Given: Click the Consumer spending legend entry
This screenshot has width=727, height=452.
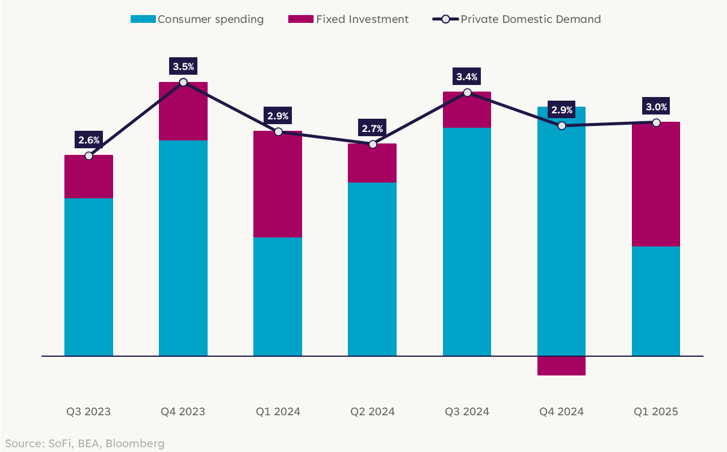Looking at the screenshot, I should [x=197, y=19].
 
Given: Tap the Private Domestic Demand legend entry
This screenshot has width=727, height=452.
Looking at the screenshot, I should [x=518, y=19].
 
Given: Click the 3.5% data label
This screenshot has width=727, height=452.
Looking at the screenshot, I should [x=184, y=66].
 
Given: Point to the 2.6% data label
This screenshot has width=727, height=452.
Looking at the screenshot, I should [x=89, y=140].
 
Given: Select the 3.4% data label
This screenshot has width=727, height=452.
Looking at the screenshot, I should [x=468, y=77].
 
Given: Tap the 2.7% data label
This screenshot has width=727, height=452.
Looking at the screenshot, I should [x=373, y=128].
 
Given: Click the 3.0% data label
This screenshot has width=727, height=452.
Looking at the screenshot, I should [x=656, y=107].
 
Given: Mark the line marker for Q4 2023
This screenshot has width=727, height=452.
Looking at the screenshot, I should [x=184, y=82].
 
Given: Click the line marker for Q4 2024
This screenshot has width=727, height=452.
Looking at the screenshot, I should [x=561, y=125].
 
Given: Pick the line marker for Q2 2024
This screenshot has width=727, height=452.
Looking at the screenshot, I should [x=373, y=144].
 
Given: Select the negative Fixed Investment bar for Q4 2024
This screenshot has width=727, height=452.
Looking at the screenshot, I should [x=561, y=365].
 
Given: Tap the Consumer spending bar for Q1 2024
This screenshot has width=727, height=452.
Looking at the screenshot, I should [x=278, y=297].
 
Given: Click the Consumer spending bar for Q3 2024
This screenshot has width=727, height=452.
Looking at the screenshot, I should [x=467, y=241].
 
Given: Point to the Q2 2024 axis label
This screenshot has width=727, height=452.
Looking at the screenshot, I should [x=373, y=412].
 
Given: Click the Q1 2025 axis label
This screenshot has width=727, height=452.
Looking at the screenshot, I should [x=656, y=412].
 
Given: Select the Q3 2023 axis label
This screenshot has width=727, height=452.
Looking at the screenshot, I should [x=89, y=412].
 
